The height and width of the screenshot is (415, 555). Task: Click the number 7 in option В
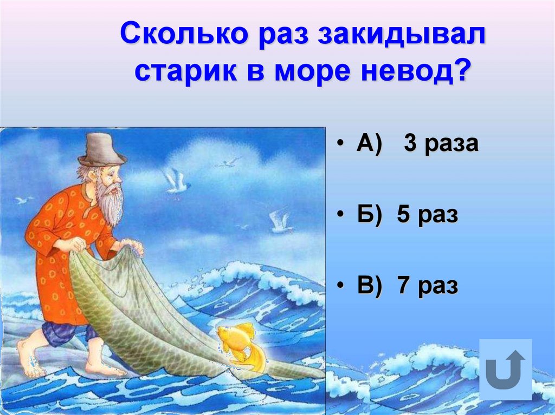(402, 285)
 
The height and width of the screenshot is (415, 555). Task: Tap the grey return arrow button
(506, 369)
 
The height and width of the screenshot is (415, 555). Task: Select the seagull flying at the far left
(23, 200)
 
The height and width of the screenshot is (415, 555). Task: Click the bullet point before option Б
(339, 215)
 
